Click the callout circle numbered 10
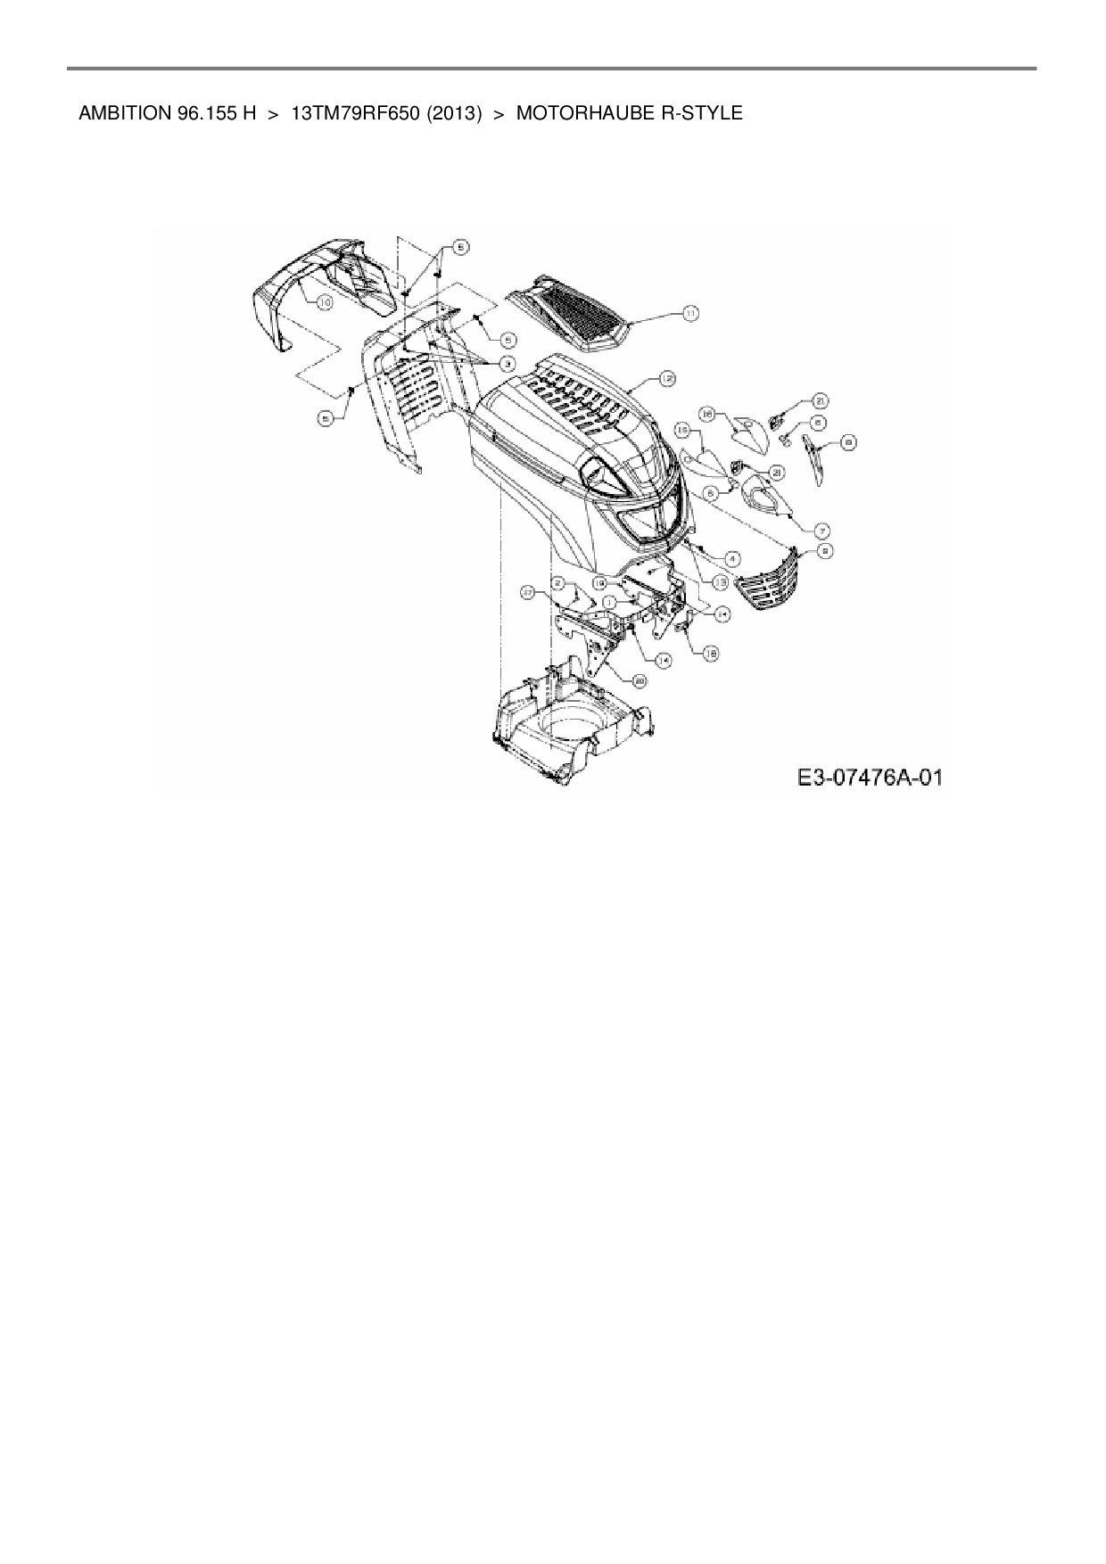tap(324, 303)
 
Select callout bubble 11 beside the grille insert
tap(691, 312)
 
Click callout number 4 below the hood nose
tap(732, 559)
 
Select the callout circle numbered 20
tap(640, 679)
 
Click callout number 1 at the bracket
tap(607, 603)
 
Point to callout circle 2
tap(558, 583)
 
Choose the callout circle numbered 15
tap(682, 430)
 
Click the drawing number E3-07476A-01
tap(870, 778)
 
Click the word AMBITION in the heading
tap(120, 114)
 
